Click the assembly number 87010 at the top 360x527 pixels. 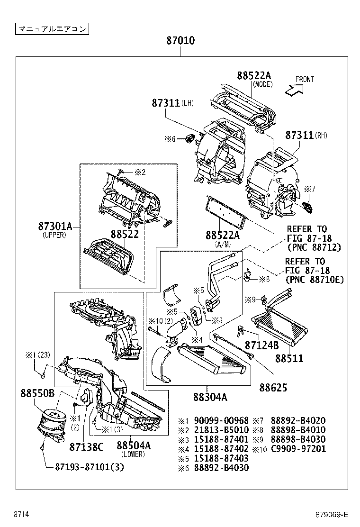pyautogui.click(x=180, y=41)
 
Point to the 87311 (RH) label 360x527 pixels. pyautogui.click(x=299, y=136)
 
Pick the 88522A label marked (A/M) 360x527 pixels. pyautogui.click(x=222, y=236)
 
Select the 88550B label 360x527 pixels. pyautogui.click(x=37, y=393)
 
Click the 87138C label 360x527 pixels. pyautogui.click(x=86, y=446)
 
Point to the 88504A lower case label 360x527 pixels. pyautogui.click(x=134, y=446)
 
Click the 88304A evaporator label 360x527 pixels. pyautogui.click(x=210, y=398)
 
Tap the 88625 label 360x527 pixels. pyautogui.click(x=273, y=388)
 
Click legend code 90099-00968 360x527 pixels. pyautogui.click(x=220, y=421)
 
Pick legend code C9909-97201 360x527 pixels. pyautogui.click(x=298, y=449)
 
